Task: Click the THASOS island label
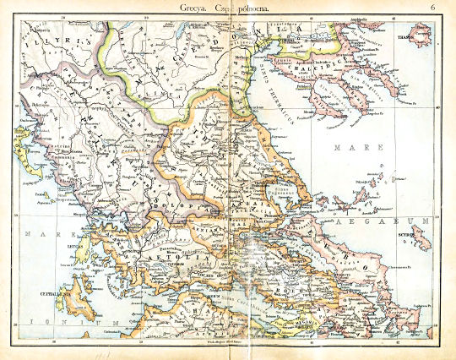[x=423, y=38]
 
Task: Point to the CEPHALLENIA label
[x=46, y=293]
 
